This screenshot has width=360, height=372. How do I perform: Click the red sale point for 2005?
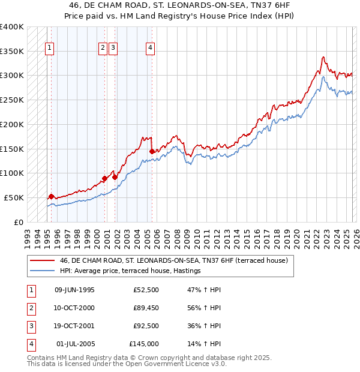[152, 151]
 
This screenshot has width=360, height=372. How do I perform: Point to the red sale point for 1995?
[51, 196]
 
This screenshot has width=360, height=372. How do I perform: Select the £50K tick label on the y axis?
[14, 197]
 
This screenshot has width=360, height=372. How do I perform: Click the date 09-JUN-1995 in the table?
[74, 290]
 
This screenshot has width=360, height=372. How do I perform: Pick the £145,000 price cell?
[143, 344]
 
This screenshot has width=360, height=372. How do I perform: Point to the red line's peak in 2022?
[323, 57]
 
